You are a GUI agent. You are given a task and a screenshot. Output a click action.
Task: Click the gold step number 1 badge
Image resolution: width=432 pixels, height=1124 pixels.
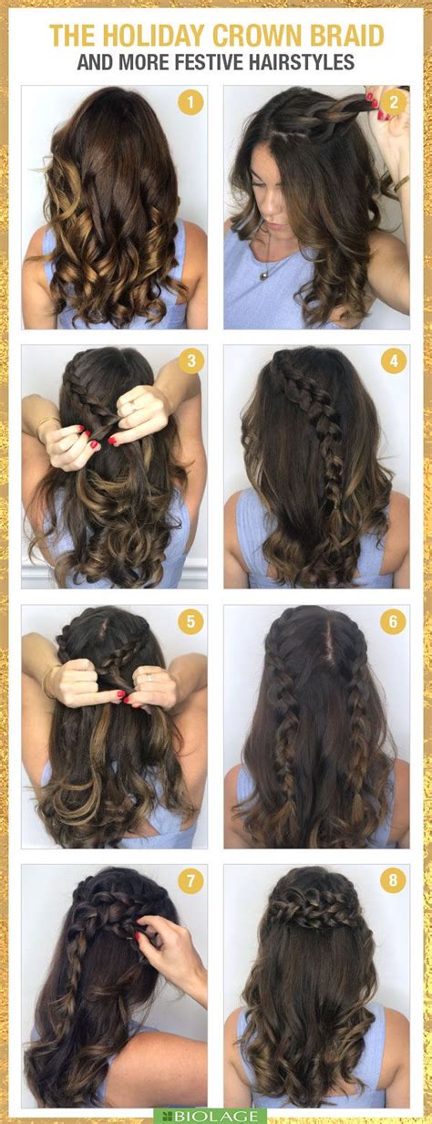(x=190, y=102)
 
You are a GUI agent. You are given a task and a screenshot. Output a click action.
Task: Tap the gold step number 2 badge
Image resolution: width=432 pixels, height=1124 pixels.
(x=393, y=102)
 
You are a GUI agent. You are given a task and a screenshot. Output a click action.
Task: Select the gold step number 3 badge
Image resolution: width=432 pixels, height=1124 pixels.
(x=190, y=361)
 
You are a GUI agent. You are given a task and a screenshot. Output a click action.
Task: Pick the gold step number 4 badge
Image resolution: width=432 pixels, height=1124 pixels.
(x=393, y=361)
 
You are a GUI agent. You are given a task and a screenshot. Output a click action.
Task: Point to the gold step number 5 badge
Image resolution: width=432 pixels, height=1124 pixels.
(x=190, y=622)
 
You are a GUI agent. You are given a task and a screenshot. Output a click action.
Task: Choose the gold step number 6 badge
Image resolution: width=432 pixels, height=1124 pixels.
(x=393, y=622)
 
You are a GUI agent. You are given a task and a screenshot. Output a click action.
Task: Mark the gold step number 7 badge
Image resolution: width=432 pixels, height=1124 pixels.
(x=190, y=882)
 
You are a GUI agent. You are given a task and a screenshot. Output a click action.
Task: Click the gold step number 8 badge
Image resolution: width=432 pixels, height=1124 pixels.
(x=393, y=882)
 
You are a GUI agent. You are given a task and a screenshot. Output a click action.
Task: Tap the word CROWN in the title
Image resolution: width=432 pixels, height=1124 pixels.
(x=262, y=36)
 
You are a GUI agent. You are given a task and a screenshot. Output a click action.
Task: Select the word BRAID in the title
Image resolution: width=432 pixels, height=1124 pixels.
(x=350, y=36)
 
